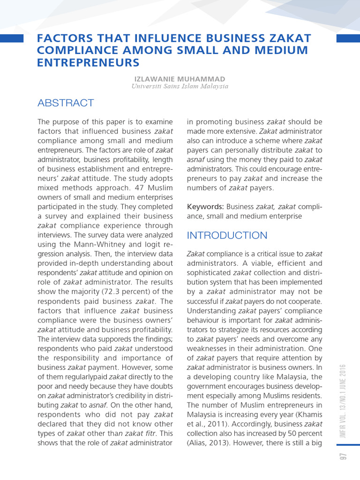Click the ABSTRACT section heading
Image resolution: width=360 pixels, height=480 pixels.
coord(66,103)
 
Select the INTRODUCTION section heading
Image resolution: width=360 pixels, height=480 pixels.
coord(227,235)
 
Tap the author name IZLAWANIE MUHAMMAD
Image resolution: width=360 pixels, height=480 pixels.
coord(180,79)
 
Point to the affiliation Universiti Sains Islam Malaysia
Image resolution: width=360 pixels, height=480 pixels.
coord(180,86)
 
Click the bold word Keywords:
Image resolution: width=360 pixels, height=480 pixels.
coord(205,207)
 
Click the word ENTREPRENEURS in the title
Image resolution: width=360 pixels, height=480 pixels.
coord(88,62)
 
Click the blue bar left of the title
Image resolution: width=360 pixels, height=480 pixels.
coord(12,38)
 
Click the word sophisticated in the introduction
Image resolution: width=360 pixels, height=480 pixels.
coord(210,273)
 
